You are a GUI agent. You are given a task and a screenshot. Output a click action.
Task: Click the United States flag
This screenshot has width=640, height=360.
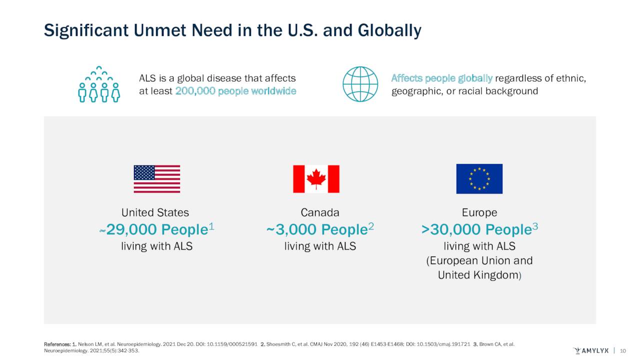(x=156, y=179)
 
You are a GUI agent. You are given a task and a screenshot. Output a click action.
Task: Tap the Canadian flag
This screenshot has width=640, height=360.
(x=316, y=179)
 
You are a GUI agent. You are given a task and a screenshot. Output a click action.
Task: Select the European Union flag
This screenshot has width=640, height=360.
(x=479, y=179)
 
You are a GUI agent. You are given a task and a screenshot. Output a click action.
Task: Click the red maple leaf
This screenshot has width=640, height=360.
(x=316, y=178)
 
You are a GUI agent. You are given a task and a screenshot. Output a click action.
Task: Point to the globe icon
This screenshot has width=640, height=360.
(x=360, y=84)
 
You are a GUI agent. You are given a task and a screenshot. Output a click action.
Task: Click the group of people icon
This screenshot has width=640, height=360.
(x=99, y=84)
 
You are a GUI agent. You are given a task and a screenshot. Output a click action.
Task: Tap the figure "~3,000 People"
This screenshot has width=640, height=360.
(x=317, y=229)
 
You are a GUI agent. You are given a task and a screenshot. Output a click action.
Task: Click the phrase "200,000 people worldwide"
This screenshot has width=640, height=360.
(x=235, y=91)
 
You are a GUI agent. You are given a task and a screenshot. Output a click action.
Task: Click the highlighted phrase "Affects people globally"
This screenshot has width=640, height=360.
(x=442, y=78)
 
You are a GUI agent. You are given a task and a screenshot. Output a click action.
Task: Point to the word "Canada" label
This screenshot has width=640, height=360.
(x=320, y=212)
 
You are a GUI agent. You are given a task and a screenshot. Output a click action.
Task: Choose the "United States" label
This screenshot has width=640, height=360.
(x=155, y=212)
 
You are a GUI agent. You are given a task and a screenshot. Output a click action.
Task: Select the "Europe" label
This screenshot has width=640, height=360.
(x=479, y=212)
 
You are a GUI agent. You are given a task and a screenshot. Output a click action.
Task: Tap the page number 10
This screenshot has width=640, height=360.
(x=623, y=350)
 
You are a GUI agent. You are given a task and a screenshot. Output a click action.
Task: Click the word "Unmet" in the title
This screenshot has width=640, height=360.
(x=162, y=31)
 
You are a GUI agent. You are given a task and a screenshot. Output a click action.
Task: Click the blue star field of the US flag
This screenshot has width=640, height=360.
(x=144, y=173)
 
